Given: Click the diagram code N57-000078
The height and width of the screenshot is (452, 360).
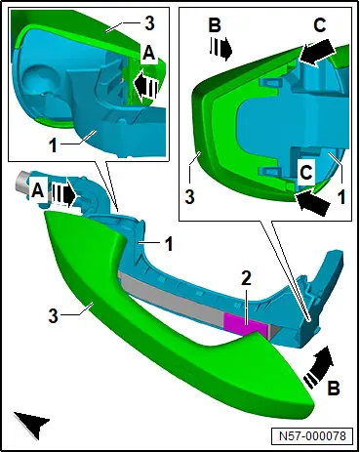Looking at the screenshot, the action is pyautogui.click(x=312, y=435).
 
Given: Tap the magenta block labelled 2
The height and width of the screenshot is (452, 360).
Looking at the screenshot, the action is pyautogui.click(x=243, y=324).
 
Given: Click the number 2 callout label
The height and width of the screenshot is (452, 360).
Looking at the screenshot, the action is pyautogui.click(x=246, y=279).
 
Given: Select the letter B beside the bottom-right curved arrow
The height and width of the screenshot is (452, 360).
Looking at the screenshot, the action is pyautogui.click(x=333, y=388).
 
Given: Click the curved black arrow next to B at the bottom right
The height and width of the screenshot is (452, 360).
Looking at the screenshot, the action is pyautogui.click(x=319, y=367).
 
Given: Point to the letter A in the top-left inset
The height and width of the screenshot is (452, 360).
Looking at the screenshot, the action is pyautogui.click(x=149, y=53).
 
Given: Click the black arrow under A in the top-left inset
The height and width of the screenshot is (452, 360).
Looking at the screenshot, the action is pyautogui.click(x=146, y=85).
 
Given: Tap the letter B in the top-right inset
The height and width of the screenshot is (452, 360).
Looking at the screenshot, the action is pyautogui.click(x=214, y=24).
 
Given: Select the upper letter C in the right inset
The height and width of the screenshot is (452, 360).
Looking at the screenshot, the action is pyautogui.click(x=319, y=24).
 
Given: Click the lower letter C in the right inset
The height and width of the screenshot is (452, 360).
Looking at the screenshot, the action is pyautogui.click(x=305, y=173).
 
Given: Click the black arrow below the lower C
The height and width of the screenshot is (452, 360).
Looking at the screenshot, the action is pyautogui.click(x=312, y=202).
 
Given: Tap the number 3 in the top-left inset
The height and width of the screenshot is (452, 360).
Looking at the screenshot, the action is pyautogui.click(x=149, y=23).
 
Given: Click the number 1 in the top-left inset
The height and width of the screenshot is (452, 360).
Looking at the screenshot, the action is pyautogui.click(x=53, y=145).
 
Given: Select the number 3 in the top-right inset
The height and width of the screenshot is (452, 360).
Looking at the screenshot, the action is pyautogui.click(x=189, y=197).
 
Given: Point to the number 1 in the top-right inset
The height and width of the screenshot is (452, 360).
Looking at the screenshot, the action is pyautogui.click(x=341, y=197).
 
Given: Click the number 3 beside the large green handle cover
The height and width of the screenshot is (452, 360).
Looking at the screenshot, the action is pyautogui.click(x=53, y=315).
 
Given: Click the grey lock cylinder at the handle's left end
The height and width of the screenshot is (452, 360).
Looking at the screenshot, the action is pyautogui.click(x=23, y=183).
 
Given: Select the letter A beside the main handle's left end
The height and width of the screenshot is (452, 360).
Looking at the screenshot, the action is pyautogui.click(x=38, y=191).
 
